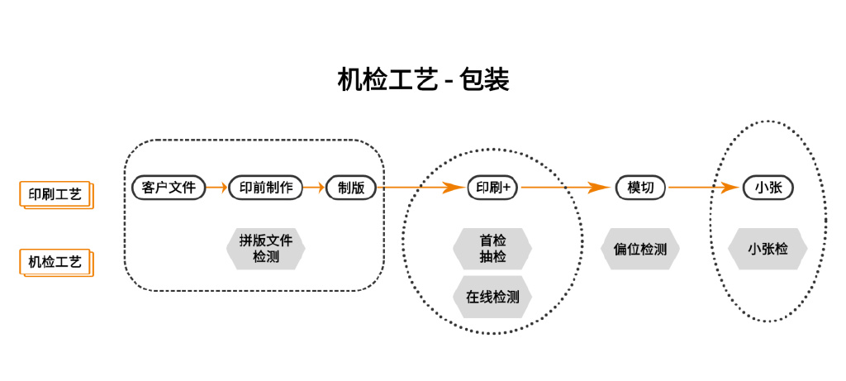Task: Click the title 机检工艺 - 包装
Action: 423,79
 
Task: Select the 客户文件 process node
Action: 169,188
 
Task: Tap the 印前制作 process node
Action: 265,188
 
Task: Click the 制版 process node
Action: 351,188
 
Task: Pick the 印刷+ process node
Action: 492,188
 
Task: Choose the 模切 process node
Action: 640,188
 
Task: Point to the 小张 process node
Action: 768,188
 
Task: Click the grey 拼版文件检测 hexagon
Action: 265,249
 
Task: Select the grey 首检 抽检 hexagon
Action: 492,249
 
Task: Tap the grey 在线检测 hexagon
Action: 492,297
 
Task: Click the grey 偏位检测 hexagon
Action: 640,249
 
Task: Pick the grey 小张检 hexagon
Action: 768,249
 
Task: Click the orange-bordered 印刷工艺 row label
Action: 55,194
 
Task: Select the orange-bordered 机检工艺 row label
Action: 55,262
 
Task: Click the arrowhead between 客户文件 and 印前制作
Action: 221,188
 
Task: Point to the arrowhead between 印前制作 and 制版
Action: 319,188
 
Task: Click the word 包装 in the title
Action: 485,79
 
